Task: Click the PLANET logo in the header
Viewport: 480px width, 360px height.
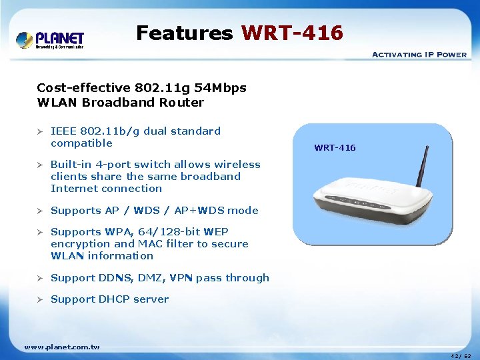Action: coord(50,40)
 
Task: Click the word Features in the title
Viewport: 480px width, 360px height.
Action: coord(184,33)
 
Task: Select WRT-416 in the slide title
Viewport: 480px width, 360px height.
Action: coord(292,33)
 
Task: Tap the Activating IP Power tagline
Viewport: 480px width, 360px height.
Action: coord(419,54)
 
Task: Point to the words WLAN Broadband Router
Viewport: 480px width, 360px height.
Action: coord(121,103)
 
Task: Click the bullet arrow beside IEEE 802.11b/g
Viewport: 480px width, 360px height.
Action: coord(40,131)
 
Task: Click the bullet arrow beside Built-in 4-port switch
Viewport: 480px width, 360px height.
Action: coord(40,165)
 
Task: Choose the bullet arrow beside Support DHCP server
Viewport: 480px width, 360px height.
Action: coord(40,299)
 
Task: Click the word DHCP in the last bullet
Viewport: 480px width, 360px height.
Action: coord(114,299)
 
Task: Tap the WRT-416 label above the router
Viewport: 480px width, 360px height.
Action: coord(335,147)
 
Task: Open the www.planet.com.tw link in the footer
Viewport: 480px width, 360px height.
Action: coord(62,347)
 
